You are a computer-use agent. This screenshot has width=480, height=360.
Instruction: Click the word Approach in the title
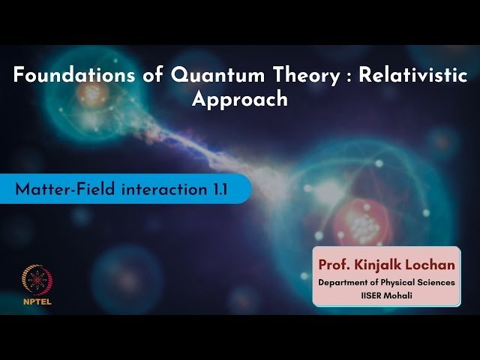point(240,99)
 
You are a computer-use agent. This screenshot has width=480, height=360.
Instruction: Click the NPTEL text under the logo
point(32,304)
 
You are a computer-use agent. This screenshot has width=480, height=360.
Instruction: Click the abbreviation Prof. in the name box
point(334,265)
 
